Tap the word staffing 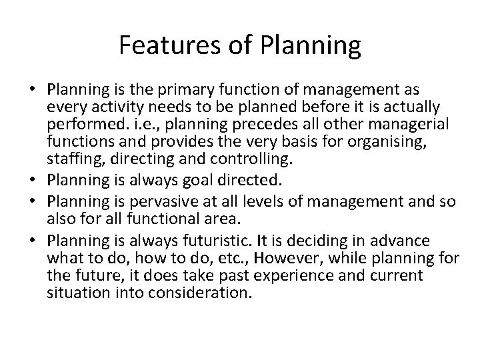pos(69,157)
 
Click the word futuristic pos(208,241)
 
